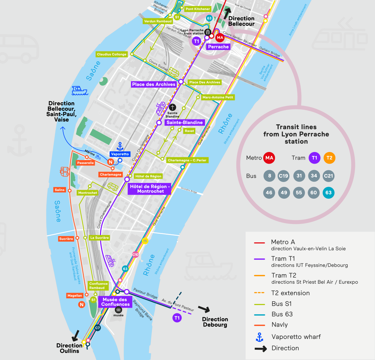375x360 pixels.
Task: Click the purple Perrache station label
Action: [x=218, y=47]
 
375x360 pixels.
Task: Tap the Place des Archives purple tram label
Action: [x=154, y=84]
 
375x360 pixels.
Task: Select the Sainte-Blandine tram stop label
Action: [x=184, y=122]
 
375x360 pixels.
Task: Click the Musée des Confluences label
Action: [x=115, y=302]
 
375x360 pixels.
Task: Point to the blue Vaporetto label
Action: [x=120, y=154]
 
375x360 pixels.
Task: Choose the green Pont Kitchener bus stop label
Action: [x=198, y=9]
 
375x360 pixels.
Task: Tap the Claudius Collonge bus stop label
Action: [x=112, y=54]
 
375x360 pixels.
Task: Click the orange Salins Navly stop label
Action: [x=60, y=190]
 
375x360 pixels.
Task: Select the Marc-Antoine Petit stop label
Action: [x=218, y=97]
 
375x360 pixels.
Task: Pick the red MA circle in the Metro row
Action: [x=269, y=158]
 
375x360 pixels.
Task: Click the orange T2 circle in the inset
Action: [x=329, y=158]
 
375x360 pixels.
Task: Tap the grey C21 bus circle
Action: [x=329, y=176]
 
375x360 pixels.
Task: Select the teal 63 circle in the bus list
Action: [x=329, y=192]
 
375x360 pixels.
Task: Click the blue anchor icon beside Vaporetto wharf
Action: [x=259, y=337]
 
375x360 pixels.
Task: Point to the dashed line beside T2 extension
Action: [x=259, y=293]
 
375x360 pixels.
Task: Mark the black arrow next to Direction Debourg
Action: [x=204, y=309]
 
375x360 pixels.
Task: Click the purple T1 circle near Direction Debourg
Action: [x=177, y=318]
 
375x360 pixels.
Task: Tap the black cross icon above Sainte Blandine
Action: [x=172, y=107]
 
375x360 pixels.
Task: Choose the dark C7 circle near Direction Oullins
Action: [x=97, y=328]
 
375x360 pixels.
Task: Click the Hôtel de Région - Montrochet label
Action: [x=150, y=189]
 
